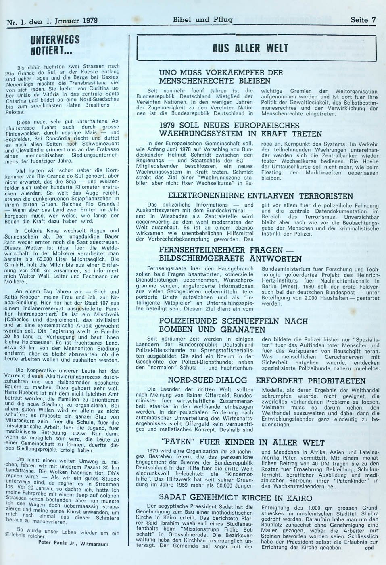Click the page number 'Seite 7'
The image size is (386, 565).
click(x=363, y=19)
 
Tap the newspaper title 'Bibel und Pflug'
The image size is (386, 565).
click(x=202, y=19)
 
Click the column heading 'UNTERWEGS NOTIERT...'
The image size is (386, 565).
click(x=55, y=46)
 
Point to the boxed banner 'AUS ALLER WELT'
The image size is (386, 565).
click(x=256, y=48)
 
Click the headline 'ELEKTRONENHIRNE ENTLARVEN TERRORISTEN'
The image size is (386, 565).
click(x=260, y=196)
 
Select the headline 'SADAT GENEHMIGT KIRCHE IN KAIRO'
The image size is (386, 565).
click(x=235, y=498)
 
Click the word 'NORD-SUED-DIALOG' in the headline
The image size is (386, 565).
click(x=207, y=381)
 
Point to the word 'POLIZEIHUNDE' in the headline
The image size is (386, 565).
click(x=190, y=321)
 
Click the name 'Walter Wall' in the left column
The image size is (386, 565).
click(x=40, y=277)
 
